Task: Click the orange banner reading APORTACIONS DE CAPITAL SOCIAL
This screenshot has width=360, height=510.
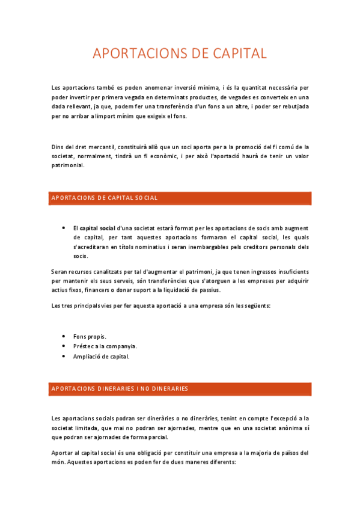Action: [180, 198]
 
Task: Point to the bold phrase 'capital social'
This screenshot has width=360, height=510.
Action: [97, 228]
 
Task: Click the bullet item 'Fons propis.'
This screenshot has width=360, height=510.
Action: [90, 336]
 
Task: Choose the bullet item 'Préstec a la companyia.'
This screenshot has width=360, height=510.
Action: [105, 346]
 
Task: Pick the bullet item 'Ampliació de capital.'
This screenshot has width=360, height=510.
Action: [101, 356]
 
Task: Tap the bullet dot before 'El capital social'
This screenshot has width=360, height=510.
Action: [64, 228]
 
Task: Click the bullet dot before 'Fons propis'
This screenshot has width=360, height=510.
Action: [64, 336]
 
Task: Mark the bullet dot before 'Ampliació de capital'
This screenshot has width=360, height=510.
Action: [64, 356]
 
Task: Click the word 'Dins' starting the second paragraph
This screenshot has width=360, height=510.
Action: [58, 146]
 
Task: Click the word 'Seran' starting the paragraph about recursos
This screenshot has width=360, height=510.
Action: [60, 272]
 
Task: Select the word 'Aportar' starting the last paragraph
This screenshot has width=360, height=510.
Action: [63, 453]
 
